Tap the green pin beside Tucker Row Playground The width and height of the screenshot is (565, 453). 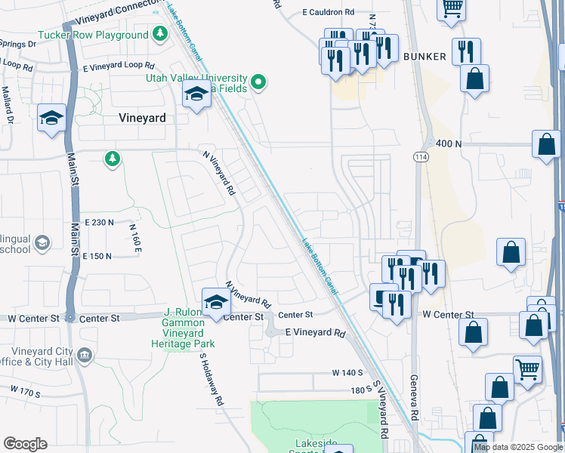click(x=159, y=34)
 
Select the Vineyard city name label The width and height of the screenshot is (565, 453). click(x=143, y=118)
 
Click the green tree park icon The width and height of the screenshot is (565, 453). click(x=113, y=158)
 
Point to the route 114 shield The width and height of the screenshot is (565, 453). click(x=421, y=156)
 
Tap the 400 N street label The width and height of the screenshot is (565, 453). click(x=449, y=143)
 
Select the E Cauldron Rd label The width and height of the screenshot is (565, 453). click(x=328, y=12)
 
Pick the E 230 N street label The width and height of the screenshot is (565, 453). click(x=100, y=222)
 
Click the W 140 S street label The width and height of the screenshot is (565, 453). click(x=347, y=373)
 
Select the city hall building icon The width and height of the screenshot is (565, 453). click(x=85, y=354)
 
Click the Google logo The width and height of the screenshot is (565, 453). click(x=25, y=444)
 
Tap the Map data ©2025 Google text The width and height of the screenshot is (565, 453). click(x=518, y=447)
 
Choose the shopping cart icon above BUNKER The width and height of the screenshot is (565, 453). click(x=452, y=9)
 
